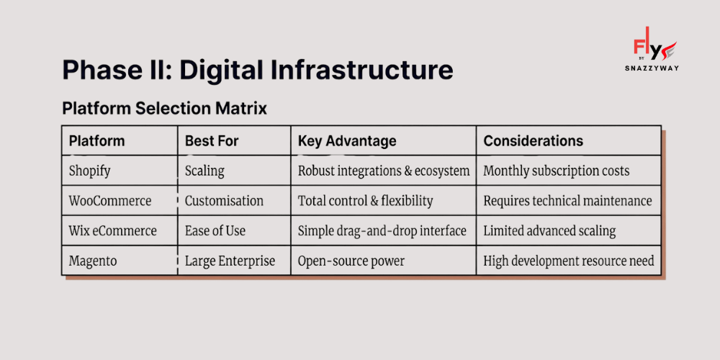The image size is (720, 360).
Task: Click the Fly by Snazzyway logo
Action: pos(652,49)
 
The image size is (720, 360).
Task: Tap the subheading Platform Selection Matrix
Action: pos(164,109)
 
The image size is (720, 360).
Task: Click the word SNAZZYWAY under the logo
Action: pos(652,68)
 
